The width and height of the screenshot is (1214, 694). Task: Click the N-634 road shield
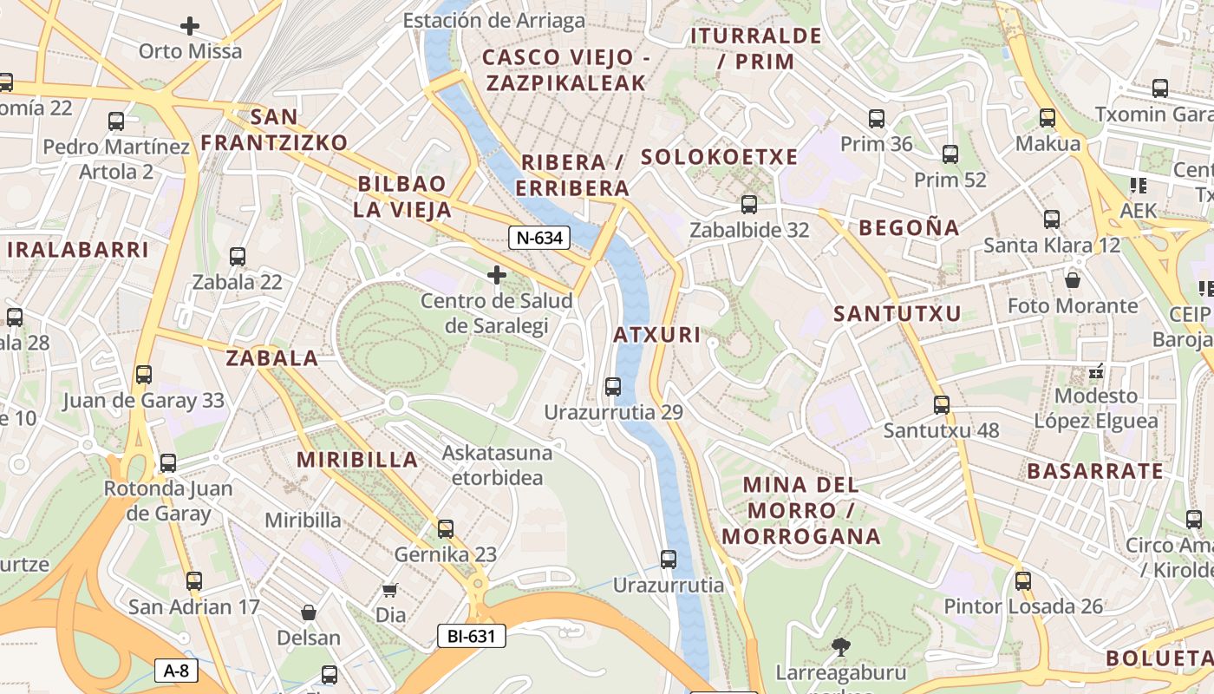click(x=538, y=237)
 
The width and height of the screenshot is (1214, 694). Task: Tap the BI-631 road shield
click(x=471, y=636)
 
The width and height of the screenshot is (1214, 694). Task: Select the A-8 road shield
click(x=176, y=670)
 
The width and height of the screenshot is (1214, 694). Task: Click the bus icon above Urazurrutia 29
click(x=613, y=386)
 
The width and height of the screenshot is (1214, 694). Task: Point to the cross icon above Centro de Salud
click(x=496, y=276)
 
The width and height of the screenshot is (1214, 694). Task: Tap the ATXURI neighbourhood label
click(x=656, y=335)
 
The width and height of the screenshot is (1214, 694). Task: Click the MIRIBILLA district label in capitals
click(x=357, y=460)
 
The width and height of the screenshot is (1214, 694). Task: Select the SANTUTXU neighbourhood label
click(x=897, y=314)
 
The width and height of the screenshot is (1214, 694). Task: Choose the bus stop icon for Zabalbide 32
click(x=748, y=205)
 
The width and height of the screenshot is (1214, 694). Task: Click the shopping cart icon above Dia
click(x=390, y=590)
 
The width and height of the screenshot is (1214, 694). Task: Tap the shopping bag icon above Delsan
click(x=308, y=612)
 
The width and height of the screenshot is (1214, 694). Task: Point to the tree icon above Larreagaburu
click(x=839, y=646)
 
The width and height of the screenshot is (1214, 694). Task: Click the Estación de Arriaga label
click(x=494, y=21)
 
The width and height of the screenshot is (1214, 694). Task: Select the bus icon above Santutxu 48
click(x=941, y=404)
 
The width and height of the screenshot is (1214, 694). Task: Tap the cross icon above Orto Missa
click(x=190, y=26)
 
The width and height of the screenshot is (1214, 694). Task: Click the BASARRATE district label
click(x=1095, y=471)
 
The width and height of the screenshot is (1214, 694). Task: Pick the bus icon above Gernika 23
click(x=446, y=528)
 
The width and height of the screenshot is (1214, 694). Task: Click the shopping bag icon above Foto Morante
click(x=1073, y=280)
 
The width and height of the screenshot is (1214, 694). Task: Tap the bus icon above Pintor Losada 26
click(x=1023, y=580)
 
